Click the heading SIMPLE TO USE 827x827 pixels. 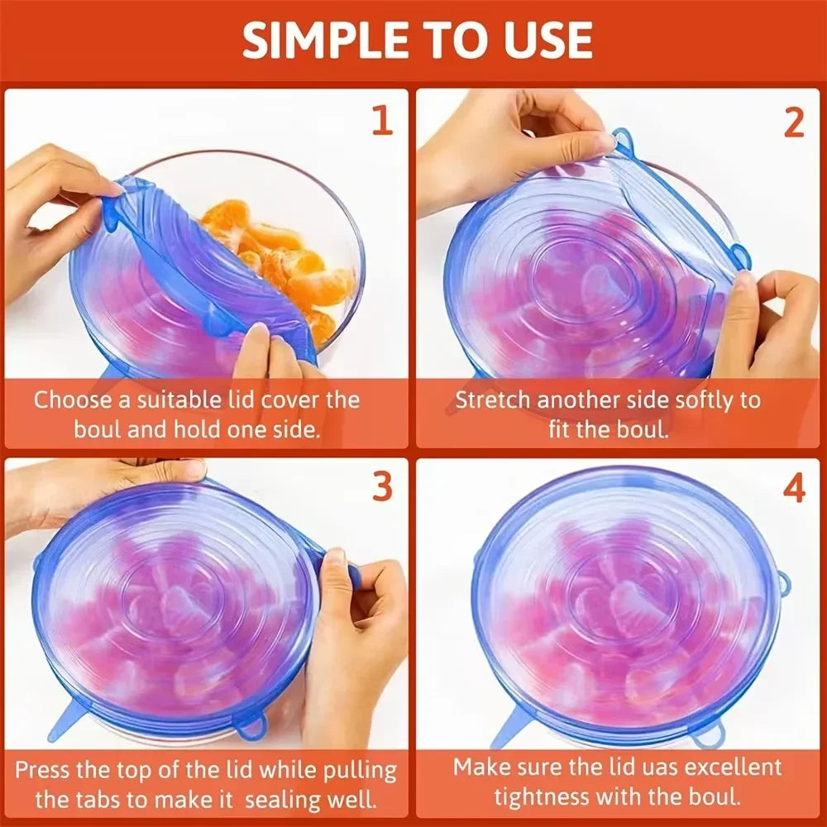pyautogui.click(x=417, y=39)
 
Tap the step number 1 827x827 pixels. pyautogui.click(x=381, y=122)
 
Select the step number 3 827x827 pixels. pyautogui.click(x=381, y=487)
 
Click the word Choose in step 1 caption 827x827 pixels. pyautogui.click(x=73, y=400)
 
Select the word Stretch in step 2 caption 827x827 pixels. pyautogui.click(x=494, y=400)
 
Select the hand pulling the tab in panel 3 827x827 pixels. pyautogui.click(x=356, y=629)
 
